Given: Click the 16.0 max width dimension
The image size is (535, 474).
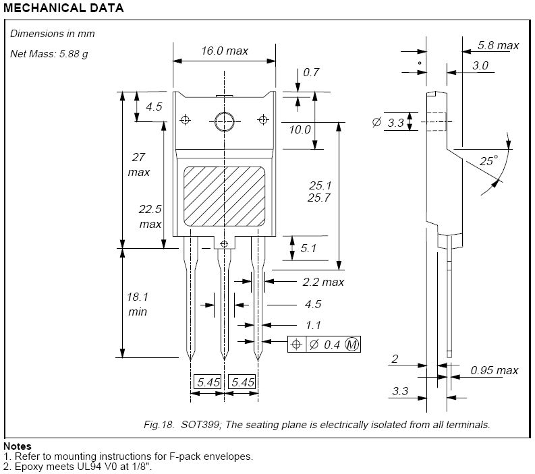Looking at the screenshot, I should click(x=224, y=51).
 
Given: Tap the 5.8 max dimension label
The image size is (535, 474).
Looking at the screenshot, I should click(x=498, y=45).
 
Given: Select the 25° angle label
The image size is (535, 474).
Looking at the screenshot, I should click(x=488, y=160).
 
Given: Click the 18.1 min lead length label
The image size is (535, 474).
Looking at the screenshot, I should click(x=137, y=304).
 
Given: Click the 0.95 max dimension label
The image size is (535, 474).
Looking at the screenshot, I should click(x=495, y=369).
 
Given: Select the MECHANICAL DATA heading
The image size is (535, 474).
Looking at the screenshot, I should click(x=63, y=9).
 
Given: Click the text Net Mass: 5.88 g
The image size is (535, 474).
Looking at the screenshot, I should click(x=49, y=53).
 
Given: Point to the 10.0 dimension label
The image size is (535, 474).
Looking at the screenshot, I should click(x=300, y=129).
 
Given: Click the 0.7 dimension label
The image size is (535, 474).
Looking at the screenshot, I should click(x=311, y=72).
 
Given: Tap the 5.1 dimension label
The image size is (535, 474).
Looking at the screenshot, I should click(x=308, y=248).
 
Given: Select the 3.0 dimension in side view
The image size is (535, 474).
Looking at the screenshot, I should click(x=480, y=65).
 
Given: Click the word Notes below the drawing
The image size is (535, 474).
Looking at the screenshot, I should click(x=18, y=446).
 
